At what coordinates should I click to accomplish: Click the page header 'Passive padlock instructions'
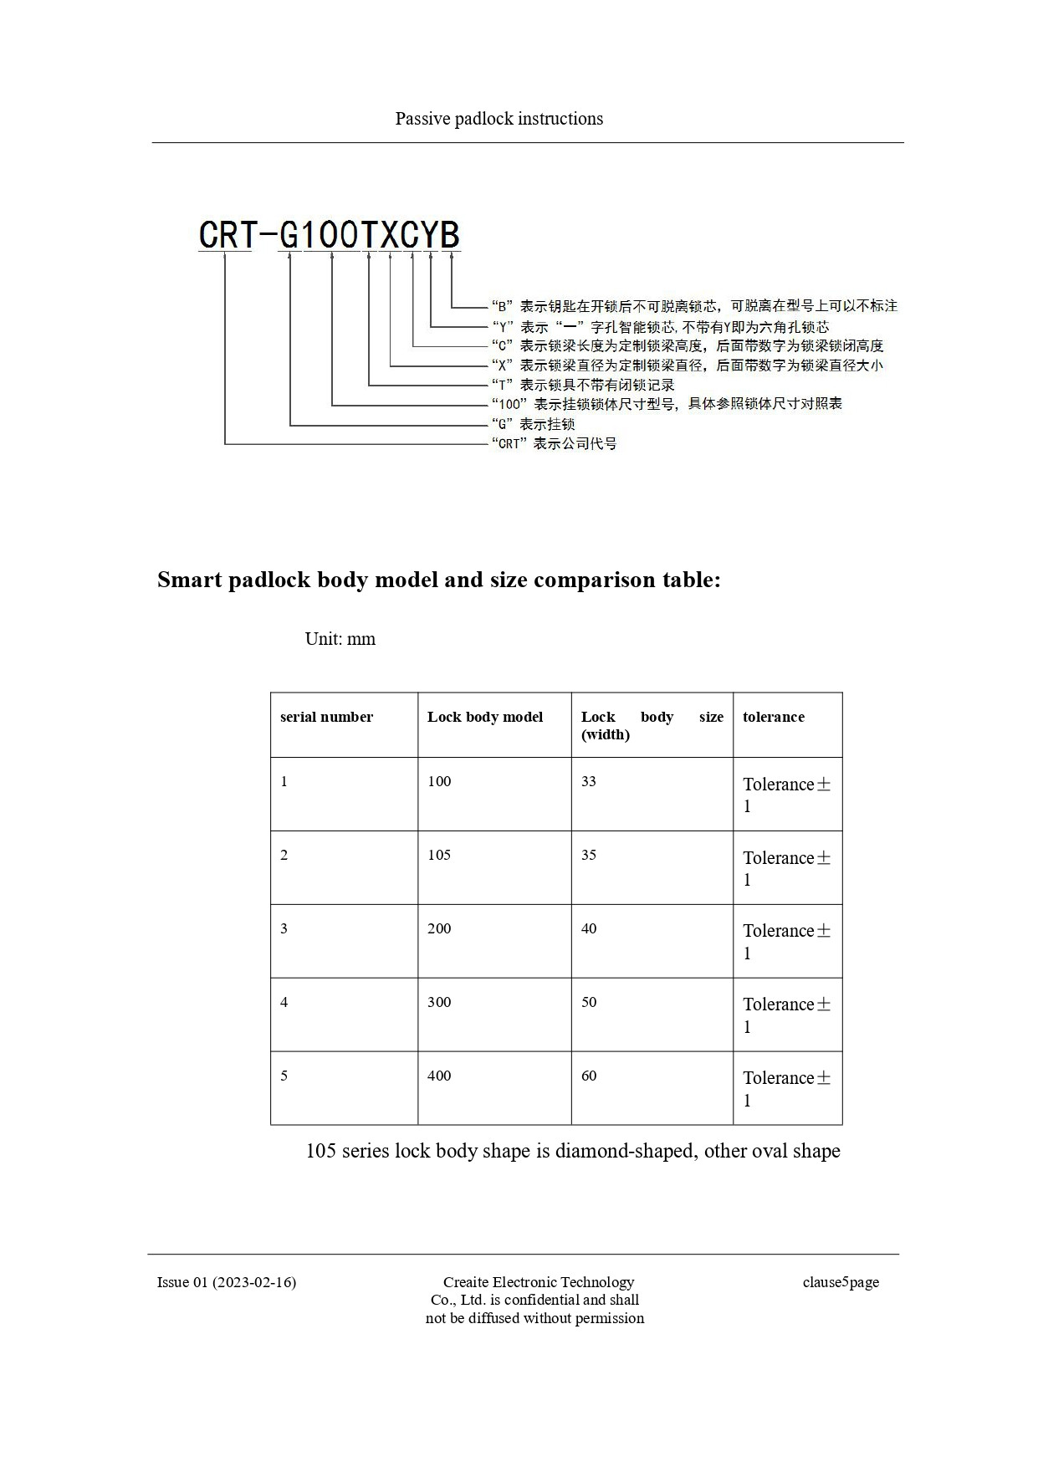point(499,119)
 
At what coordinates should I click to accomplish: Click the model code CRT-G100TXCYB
point(329,235)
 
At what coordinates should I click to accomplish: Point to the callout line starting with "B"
point(693,306)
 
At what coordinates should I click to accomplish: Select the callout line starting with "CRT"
point(554,443)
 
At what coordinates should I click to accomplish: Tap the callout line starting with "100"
point(667,404)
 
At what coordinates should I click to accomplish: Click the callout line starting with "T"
point(582,385)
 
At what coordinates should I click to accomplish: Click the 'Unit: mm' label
point(340,639)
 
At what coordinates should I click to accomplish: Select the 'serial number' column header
point(326,717)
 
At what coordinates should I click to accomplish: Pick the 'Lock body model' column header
point(484,717)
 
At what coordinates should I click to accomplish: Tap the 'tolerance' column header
point(773,717)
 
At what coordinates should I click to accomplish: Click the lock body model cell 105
point(439,855)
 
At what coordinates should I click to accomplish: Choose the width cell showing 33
point(589,781)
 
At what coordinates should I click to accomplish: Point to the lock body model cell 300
point(439,1002)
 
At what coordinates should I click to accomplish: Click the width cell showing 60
point(589,1076)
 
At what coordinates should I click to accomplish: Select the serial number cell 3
point(284,928)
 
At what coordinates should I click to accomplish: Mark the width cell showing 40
point(589,928)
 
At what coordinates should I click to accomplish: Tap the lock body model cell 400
point(439,1076)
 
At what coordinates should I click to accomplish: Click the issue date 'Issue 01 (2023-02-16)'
point(227,1282)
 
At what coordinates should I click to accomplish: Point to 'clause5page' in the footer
point(841,1282)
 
